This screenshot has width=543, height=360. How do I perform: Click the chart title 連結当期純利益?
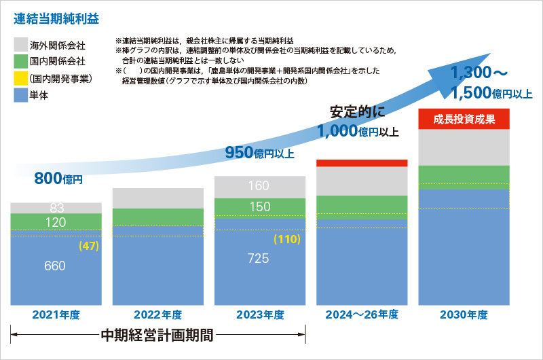57,15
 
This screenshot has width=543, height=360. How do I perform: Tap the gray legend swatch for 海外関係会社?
20,46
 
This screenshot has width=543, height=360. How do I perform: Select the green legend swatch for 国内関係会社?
20,62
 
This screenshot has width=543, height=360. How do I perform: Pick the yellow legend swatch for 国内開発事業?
20,78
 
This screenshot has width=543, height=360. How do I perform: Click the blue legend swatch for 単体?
20,94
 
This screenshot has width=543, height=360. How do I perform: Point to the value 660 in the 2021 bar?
55,266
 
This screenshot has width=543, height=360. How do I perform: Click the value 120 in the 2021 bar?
55,222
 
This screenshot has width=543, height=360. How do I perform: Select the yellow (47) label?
89,246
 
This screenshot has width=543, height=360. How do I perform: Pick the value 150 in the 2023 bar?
259,207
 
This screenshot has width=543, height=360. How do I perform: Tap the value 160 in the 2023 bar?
259,186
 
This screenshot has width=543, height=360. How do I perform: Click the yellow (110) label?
286,239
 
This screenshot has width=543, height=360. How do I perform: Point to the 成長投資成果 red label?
464,119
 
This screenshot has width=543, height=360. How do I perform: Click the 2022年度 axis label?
157,314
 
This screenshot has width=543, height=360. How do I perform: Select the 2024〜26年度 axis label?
361,314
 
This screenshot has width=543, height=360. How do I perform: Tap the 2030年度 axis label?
464,314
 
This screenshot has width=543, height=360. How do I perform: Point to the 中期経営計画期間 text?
157,336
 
